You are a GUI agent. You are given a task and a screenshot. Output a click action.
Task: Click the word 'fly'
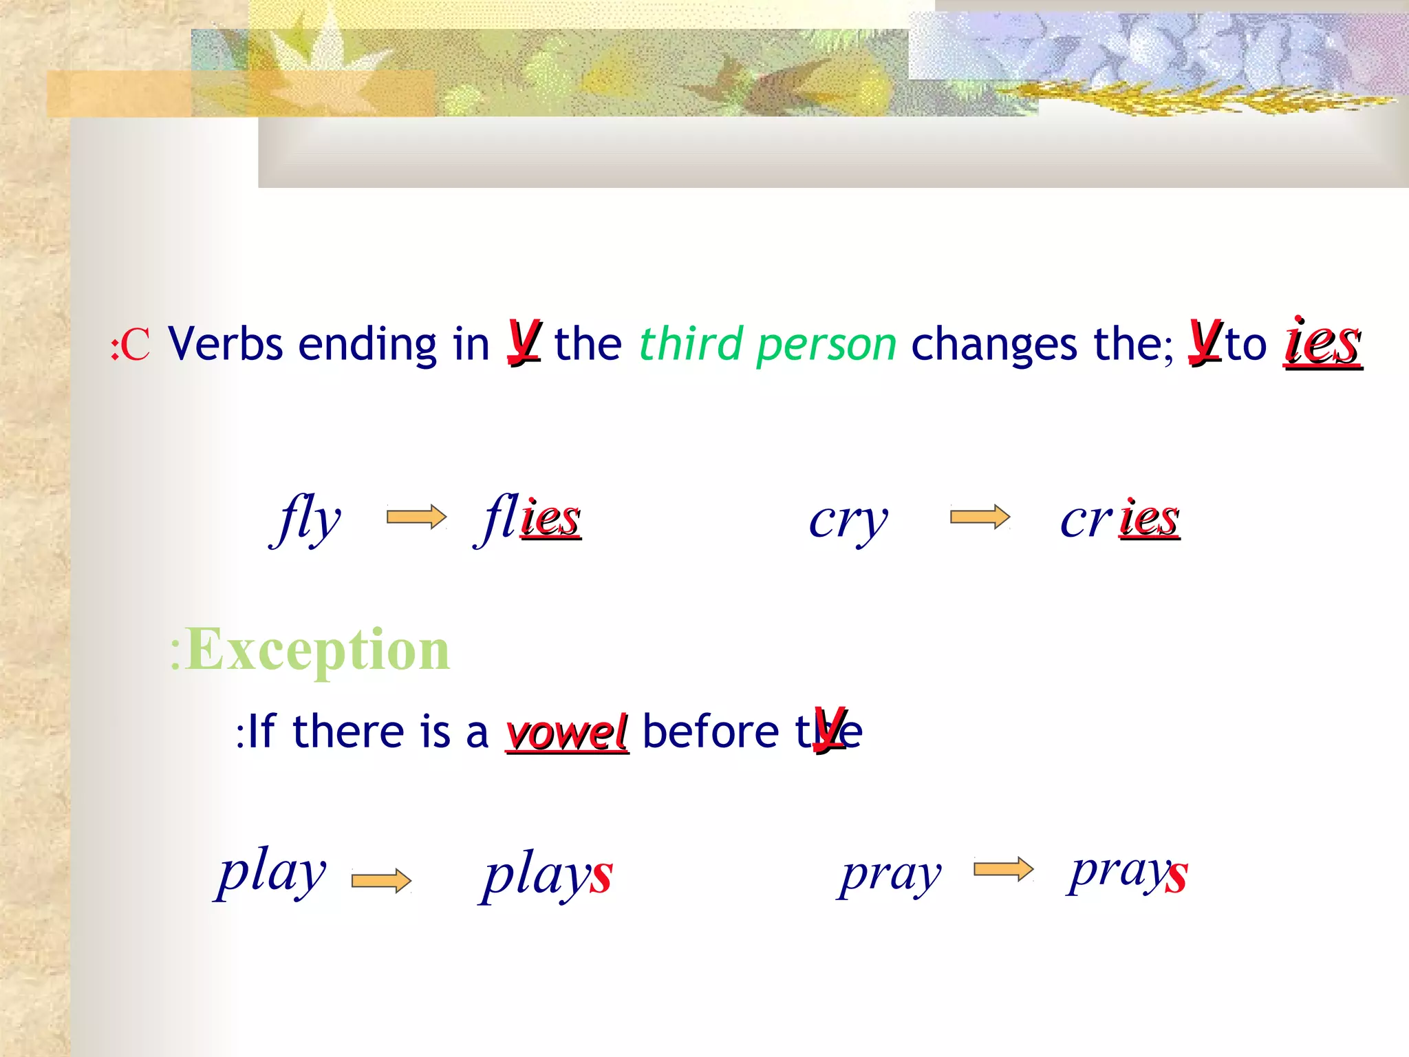coord(307,519)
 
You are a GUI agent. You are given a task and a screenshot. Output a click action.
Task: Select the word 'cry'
coord(848,520)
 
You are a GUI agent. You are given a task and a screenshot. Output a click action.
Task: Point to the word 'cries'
coord(1120,520)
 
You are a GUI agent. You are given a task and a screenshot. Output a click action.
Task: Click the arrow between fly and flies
coord(416,517)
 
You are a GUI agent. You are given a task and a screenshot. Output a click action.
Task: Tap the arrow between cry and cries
coord(980,516)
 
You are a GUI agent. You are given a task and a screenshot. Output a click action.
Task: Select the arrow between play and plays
coord(381,880)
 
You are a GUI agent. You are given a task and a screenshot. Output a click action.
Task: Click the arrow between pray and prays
coord(1003,869)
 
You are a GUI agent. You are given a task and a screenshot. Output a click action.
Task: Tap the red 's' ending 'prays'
coord(1176,875)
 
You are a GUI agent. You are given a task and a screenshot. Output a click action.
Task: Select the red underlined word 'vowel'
coord(567,732)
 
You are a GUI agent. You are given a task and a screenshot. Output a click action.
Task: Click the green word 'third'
coord(691,343)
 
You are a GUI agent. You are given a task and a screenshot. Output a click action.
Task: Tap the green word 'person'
coord(826,345)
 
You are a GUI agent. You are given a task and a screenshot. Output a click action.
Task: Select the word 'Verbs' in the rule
coord(225,343)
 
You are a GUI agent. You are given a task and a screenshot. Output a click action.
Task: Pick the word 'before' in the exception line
coord(710,732)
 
